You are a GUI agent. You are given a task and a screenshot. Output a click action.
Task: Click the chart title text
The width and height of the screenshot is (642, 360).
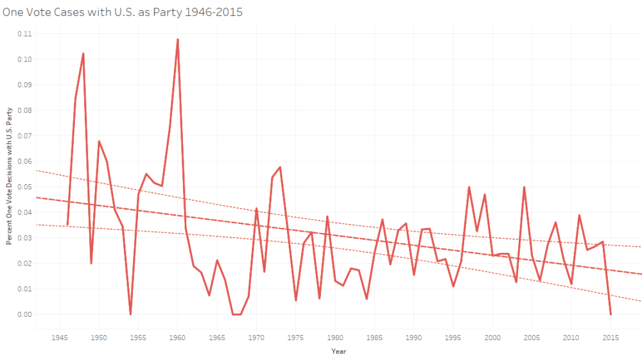click(123, 12)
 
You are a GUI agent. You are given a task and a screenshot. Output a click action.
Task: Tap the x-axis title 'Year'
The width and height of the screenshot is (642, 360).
click(338, 351)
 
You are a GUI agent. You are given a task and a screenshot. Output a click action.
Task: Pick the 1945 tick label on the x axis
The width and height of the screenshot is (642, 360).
click(60, 336)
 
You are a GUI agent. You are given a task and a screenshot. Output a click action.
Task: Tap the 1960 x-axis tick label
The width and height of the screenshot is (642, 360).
click(178, 336)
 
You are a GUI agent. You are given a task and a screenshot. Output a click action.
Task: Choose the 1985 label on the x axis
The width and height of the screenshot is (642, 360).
click(374, 336)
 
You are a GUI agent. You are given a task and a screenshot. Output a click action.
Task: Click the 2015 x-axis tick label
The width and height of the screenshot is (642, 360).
click(611, 336)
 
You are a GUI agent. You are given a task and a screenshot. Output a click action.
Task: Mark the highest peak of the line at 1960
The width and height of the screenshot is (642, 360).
click(178, 40)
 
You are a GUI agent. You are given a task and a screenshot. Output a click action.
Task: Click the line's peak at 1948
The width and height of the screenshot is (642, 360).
click(83, 54)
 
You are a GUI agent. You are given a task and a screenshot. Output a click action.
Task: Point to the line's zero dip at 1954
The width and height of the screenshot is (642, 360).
click(130, 314)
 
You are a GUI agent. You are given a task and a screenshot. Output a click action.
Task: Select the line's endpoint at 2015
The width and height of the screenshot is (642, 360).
click(611, 314)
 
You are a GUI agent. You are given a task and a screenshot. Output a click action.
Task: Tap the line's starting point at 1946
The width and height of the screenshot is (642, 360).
click(67, 225)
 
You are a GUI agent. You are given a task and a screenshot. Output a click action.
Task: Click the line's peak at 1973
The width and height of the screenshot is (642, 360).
click(280, 167)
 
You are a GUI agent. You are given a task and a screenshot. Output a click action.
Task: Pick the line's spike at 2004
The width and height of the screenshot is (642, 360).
click(524, 187)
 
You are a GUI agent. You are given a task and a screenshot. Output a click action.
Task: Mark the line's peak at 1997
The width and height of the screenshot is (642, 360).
click(469, 187)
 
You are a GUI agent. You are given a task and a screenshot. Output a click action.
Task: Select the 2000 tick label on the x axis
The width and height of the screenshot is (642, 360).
click(492, 336)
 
